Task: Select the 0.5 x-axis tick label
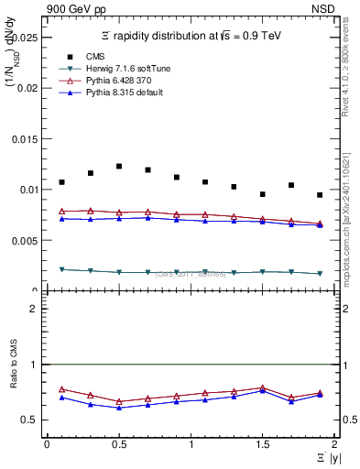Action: pyautogui.click(x=118, y=444)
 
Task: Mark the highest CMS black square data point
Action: pyautogui.click(x=119, y=166)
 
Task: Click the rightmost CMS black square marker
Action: pyautogui.click(x=320, y=195)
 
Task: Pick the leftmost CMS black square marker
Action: pyautogui.click(x=61, y=182)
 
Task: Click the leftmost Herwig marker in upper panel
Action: pyautogui.click(x=61, y=269)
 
